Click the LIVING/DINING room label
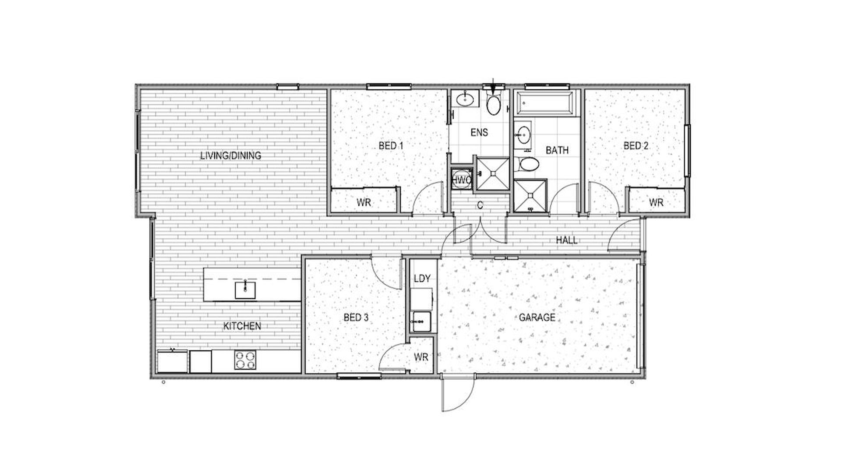(x=230, y=155)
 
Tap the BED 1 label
(x=391, y=145)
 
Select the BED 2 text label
(x=636, y=145)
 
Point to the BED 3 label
(x=356, y=317)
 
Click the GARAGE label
(x=537, y=317)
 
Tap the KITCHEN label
(x=242, y=326)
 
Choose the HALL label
(x=567, y=240)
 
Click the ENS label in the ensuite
(x=479, y=132)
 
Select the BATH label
(x=557, y=150)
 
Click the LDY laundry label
(x=422, y=278)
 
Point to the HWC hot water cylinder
(x=461, y=180)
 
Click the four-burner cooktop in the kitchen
(x=245, y=360)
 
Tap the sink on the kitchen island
(x=245, y=289)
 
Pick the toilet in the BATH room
(x=527, y=165)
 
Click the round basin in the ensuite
(x=466, y=100)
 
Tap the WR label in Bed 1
(x=364, y=202)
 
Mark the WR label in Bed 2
(x=656, y=202)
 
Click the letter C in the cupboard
(x=480, y=205)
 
